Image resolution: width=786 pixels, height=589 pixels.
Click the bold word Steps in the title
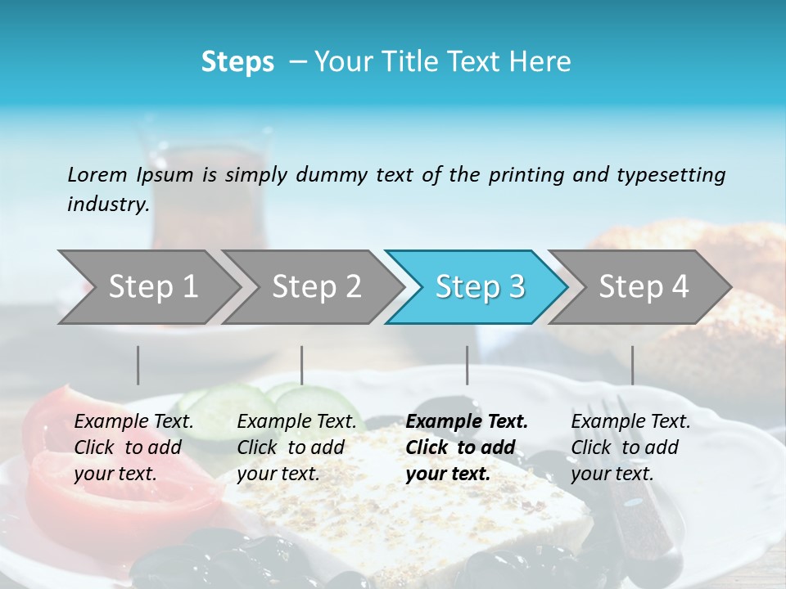237,62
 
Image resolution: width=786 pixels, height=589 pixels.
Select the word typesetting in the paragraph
671,174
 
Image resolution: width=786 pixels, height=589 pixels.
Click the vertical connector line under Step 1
138,365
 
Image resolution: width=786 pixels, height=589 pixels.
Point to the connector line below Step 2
301,365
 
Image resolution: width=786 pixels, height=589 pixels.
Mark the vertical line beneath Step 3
467,365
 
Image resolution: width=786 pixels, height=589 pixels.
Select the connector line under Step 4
632,365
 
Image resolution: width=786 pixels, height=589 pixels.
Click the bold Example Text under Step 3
467,422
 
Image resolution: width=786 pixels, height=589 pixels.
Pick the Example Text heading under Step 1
133,422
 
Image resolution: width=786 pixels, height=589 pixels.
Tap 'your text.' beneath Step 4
612,474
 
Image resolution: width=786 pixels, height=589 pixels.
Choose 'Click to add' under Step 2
291,447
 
